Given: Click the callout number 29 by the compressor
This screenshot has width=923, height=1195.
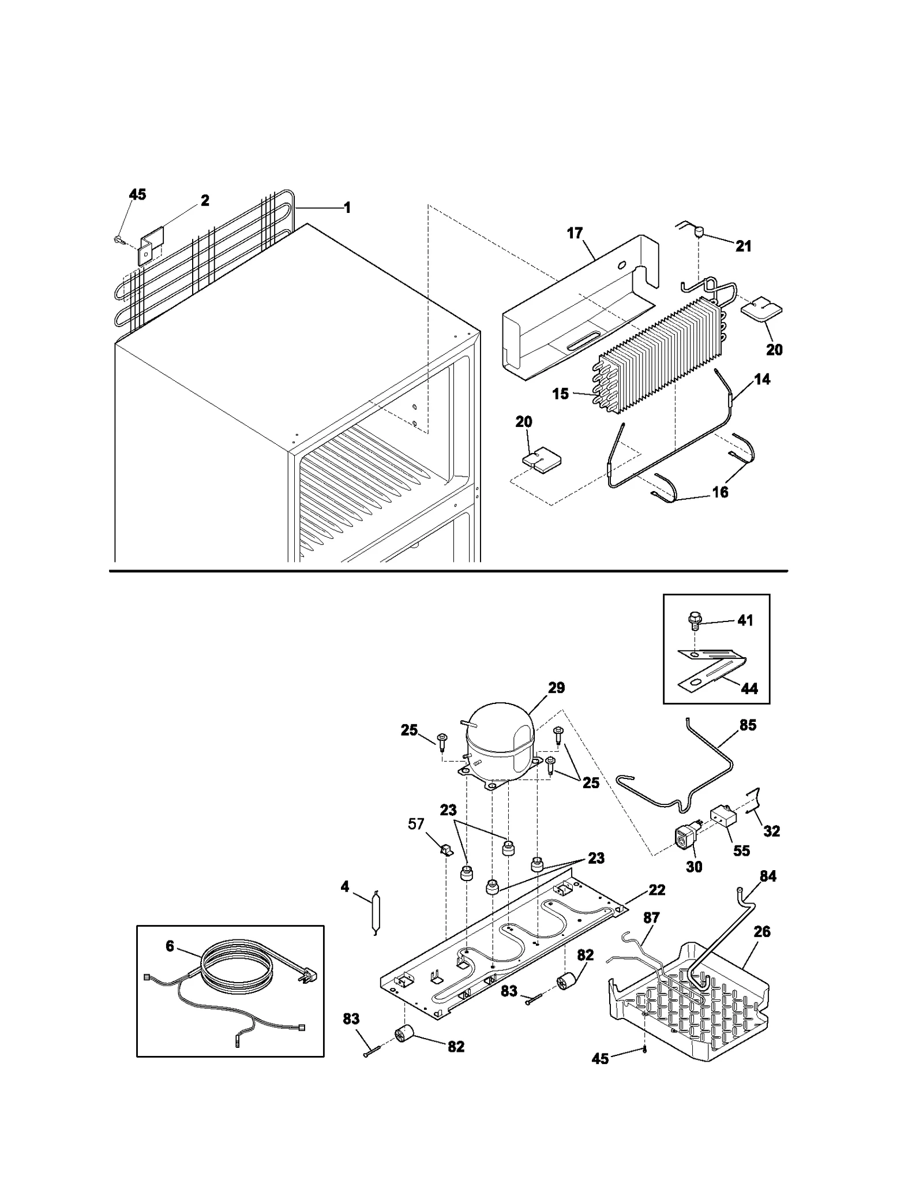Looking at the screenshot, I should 556,688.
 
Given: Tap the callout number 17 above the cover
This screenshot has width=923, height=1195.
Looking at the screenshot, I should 575,233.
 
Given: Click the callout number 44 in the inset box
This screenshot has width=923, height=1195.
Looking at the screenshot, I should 749,688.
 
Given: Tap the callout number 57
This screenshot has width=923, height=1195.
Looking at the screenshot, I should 416,824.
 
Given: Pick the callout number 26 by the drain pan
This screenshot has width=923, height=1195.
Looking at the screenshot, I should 762,931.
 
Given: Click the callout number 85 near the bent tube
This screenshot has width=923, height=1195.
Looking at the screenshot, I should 748,725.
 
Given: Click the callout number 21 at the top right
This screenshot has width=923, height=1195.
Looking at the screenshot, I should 744,246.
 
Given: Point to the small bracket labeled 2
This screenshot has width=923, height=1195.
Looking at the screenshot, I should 151,245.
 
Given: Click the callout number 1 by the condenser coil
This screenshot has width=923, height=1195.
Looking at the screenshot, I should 347,208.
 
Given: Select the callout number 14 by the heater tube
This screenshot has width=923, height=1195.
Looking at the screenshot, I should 762,379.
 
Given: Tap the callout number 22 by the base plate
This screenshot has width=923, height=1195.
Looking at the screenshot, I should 656,890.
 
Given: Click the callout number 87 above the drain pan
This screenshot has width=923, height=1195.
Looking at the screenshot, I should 651,917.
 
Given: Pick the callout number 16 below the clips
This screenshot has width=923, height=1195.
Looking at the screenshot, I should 721,492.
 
